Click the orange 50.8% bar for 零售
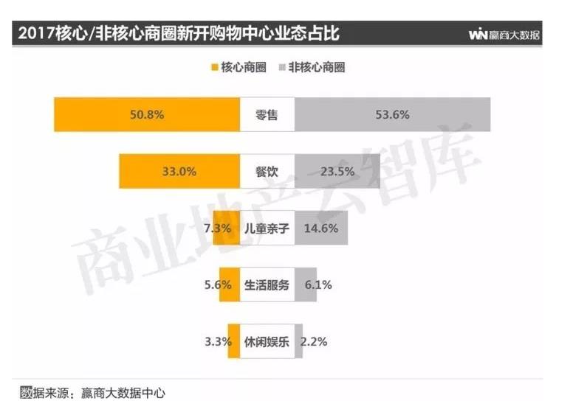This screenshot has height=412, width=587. tap(147, 114)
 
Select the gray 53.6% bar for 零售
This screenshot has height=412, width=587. tap(392, 114)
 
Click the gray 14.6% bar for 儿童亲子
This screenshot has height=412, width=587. tap(321, 228)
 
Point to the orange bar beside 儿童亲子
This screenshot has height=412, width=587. tap(223, 228)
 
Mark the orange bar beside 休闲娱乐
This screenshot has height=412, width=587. tap(234, 342)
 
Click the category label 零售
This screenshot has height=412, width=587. tap(267, 114)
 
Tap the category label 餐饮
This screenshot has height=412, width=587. tap(267, 172)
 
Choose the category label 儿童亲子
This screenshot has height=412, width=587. tap(267, 228)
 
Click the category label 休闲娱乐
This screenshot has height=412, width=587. tap(267, 342)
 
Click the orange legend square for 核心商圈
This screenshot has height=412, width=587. tap(215, 68)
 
